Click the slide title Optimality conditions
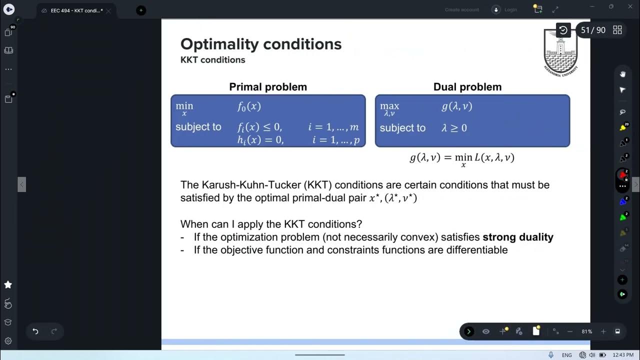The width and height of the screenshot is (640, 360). pos(261,44)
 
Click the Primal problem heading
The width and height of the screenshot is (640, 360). pos(268,87)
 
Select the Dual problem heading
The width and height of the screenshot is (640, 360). pos(467,87)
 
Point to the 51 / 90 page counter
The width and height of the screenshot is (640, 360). pos(593,30)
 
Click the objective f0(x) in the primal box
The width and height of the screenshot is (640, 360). pos(249,106)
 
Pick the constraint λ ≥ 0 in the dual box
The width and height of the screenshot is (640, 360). pos(454,128)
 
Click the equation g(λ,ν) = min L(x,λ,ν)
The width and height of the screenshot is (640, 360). pos(462,158)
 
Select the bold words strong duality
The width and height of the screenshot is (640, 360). pos(517,237)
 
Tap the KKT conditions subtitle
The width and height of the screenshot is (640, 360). pos(212,60)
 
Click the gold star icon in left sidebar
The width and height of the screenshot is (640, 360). pos(8,284)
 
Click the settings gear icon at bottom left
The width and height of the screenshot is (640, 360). pos(8,341)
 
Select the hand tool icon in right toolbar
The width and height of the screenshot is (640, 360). pos(622,74)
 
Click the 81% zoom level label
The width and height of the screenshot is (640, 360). pos(586,331)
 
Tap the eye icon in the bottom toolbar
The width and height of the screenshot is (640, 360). pos(485,331)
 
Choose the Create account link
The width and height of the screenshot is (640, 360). pos(461,10)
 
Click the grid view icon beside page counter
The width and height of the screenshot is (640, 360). pos(617,30)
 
